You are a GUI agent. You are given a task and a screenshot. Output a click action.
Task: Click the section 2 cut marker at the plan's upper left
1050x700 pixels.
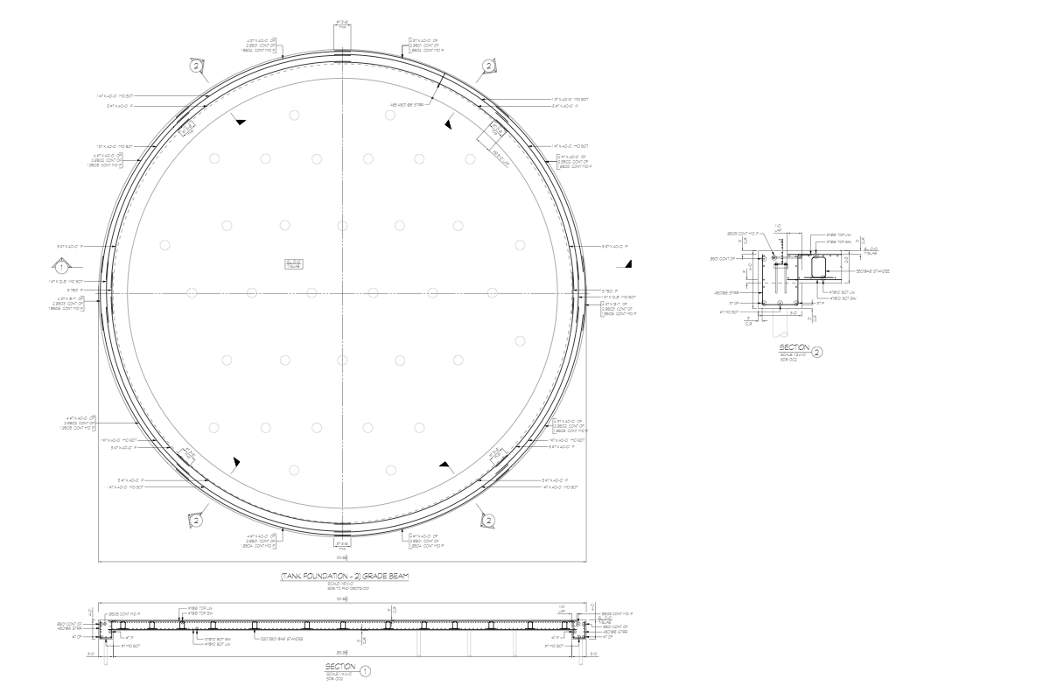pyautogui.click(x=196, y=66)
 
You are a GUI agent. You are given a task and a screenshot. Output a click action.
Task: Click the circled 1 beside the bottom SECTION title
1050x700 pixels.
pyautogui.click(x=366, y=671)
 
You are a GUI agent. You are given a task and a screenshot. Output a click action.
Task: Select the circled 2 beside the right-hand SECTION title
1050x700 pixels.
pyautogui.click(x=816, y=353)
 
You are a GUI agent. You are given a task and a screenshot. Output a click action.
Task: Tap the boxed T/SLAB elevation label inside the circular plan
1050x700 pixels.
pyautogui.click(x=293, y=263)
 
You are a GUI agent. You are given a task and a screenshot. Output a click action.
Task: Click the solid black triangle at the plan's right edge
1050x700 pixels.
pyautogui.click(x=628, y=264)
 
